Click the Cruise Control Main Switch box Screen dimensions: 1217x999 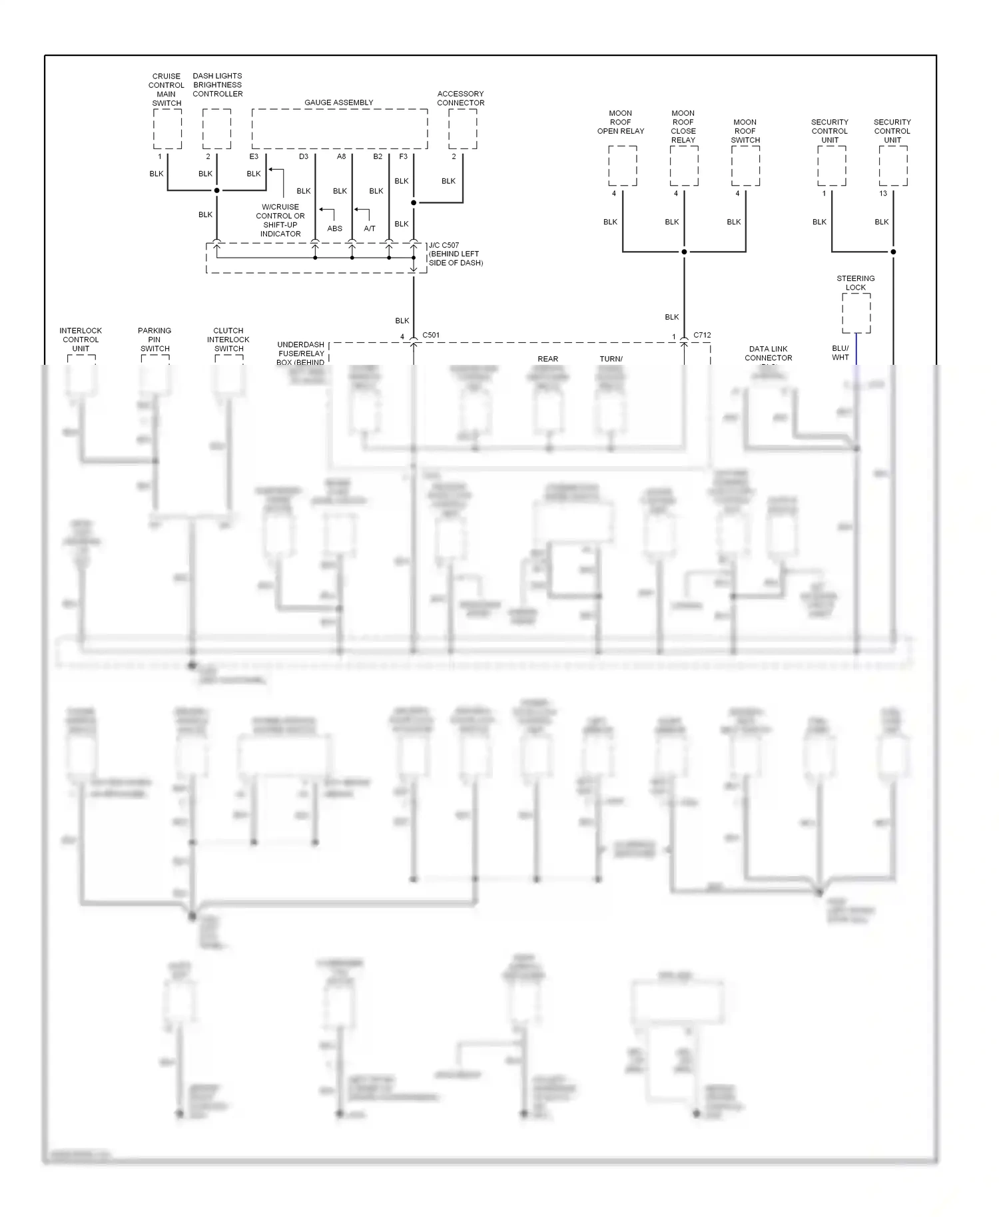[x=167, y=129]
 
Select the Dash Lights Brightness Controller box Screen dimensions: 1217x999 [x=216, y=129]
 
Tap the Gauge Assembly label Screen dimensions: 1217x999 [x=338, y=103]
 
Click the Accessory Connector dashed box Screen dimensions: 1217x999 [x=462, y=129]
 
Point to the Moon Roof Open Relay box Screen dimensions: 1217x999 [x=622, y=166]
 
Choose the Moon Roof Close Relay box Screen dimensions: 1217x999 [x=683, y=166]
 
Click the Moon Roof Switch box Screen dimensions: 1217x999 [x=745, y=166]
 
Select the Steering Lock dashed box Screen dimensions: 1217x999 [x=856, y=313]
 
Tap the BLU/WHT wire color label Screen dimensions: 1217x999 [x=840, y=353]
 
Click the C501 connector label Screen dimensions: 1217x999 [x=431, y=335]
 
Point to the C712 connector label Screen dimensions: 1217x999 [x=702, y=335]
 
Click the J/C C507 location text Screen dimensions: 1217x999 [x=456, y=254]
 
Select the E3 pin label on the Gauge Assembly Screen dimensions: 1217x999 [x=254, y=156]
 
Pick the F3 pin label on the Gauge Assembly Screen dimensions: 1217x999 [x=403, y=156]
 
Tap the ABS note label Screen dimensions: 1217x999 [x=334, y=228]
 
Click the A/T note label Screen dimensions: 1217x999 [x=370, y=228]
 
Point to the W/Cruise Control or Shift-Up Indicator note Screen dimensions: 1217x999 [x=280, y=220]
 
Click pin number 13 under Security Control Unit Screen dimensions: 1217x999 [x=883, y=194]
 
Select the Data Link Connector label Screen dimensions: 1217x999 [x=768, y=354]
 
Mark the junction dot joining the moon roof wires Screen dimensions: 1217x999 [x=684, y=252]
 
